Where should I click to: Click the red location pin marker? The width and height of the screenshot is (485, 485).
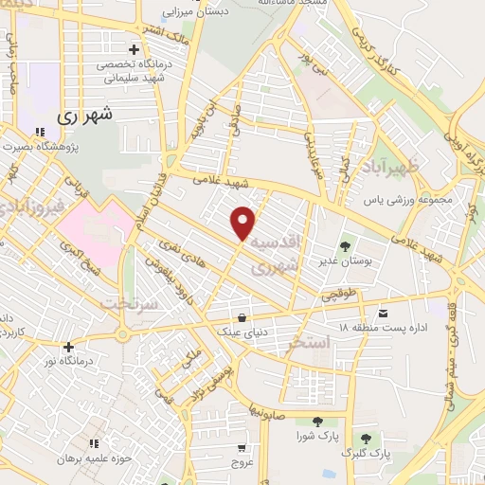pyautogui.click(x=243, y=222)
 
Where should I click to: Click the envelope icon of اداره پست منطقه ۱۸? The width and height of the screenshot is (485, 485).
pyautogui.click(x=382, y=313)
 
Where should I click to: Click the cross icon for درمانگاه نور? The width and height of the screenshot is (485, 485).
pyautogui.click(x=68, y=347)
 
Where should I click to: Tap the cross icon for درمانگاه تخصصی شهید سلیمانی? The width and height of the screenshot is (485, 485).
pyautogui.click(x=134, y=49)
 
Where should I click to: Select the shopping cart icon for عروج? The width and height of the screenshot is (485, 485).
pyautogui.click(x=242, y=448)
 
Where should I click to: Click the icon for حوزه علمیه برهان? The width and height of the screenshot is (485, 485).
pyautogui.click(x=93, y=442)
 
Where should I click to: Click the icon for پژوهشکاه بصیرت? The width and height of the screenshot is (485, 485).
pyautogui.click(x=39, y=133)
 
